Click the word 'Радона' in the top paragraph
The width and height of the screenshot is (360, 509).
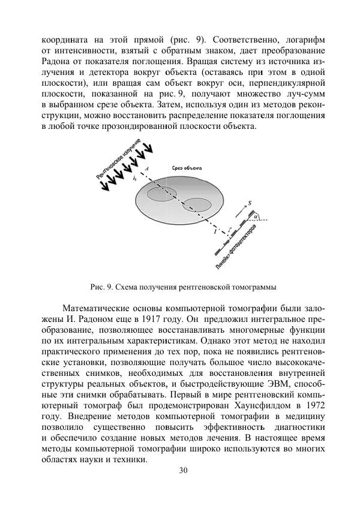(57, 62)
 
